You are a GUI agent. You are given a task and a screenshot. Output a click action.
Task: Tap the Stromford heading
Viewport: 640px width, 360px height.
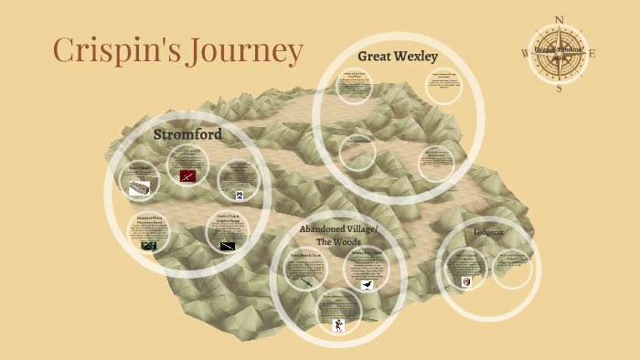[x=187, y=134]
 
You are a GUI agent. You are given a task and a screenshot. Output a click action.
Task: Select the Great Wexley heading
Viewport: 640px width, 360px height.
[x=398, y=56]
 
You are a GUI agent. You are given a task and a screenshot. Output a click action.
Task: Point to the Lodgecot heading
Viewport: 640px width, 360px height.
[x=489, y=232]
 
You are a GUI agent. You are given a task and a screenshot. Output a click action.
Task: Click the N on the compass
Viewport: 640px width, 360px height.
[x=560, y=17]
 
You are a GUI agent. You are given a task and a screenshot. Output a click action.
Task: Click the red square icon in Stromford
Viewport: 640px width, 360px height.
[x=187, y=175]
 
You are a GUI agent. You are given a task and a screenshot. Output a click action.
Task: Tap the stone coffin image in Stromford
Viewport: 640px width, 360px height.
[x=139, y=189]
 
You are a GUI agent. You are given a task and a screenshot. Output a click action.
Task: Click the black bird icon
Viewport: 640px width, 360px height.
[x=367, y=285]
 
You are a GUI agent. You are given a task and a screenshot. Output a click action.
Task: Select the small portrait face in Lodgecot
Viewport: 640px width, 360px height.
[x=467, y=281]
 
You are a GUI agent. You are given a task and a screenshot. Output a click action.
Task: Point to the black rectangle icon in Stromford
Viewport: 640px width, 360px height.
[x=228, y=246]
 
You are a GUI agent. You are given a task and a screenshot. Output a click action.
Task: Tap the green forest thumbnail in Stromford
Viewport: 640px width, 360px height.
[x=148, y=245]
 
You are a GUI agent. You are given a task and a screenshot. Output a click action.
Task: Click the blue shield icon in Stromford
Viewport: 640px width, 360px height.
[x=240, y=196]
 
